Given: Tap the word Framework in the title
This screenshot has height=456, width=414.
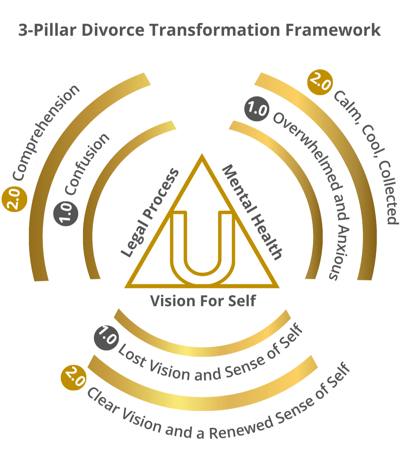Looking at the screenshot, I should pos(333,30).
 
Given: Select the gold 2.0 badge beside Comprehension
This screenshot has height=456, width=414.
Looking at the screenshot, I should pos(14,199).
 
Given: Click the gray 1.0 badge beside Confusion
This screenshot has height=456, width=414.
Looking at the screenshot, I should pos(66,213).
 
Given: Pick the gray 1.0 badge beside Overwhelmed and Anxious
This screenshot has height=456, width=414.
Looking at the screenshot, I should pos(257,109).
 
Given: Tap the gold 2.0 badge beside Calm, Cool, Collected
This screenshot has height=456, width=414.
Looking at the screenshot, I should pos(320,82).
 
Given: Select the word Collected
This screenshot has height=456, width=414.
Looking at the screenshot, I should pos(389,193).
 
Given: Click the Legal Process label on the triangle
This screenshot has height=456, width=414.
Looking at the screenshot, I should pos(149,213).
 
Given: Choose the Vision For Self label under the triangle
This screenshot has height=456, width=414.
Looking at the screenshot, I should pos(203,301).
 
